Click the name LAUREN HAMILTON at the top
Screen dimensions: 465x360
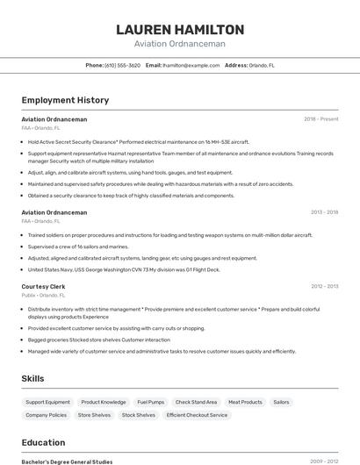[x=180, y=29]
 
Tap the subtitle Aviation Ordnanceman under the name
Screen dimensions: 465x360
[x=180, y=44]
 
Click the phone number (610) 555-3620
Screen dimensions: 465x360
[x=122, y=65]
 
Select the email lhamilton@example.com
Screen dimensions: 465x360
[x=190, y=65]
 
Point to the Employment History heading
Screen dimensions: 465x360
[x=65, y=100]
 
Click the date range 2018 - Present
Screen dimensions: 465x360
[x=320, y=118]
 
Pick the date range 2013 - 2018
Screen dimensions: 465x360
[x=324, y=212]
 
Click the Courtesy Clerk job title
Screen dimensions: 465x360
[x=43, y=286]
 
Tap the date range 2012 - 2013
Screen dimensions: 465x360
[x=324, y=286]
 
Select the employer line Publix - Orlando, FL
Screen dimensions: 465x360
[x=40, y=296]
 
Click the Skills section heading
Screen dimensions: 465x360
[x=33, y=378]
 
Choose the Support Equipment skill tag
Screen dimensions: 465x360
[x=47, y=402]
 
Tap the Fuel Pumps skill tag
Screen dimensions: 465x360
[x=150, y=402]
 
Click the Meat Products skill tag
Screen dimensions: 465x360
[x=245, y=402]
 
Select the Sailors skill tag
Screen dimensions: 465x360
[x=281, y=402]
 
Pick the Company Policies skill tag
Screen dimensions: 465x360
[x=46, y=415]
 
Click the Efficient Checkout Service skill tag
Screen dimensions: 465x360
[x=197, y=415]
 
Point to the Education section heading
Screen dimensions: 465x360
[x=43, y=442]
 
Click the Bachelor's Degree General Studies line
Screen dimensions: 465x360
[x=67, y=461]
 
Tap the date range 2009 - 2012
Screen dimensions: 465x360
[x=324, y=461]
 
